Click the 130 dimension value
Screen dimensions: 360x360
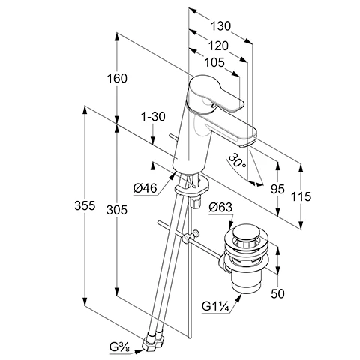(x=221, y=26)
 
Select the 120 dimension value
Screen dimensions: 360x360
(x=218, y=46)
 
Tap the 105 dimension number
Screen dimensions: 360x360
(x=214, y=62)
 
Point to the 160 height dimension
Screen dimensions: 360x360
(x=117, y=78)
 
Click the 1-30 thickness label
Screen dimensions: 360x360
(x=153, y=116)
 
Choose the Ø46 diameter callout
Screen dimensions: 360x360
(x=145, y=188)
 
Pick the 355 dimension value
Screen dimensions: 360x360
(x=85, y=205)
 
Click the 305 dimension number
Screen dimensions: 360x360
(x=117, y=210)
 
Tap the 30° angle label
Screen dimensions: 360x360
(x=238, y=161)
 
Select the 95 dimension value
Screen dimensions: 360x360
(x=277, y=189)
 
